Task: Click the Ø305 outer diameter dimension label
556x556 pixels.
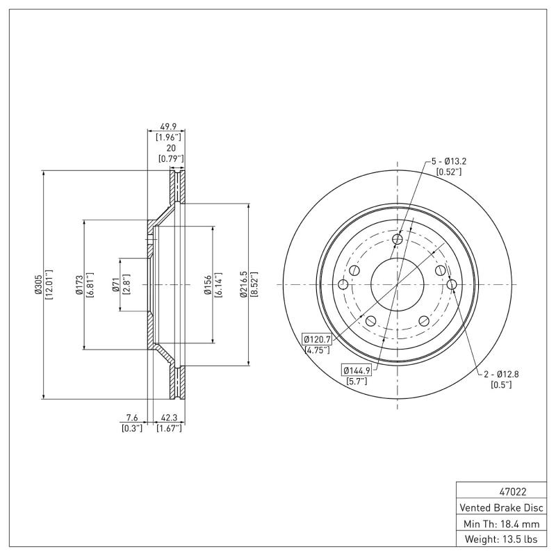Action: tap(38, 284)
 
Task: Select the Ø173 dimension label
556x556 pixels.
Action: tap(79, 284)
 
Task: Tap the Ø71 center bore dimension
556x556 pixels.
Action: tap(115, 284)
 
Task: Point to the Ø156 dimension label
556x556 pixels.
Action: tap(208, 284)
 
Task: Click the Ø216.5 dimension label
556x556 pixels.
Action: tap(244, 284)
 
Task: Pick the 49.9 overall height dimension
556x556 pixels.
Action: tap(168, 127)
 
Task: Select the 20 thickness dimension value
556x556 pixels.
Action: tap(170, 148)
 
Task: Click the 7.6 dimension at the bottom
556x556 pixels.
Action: tap(131, 418)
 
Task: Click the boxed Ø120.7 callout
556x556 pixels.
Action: tap(318, 338)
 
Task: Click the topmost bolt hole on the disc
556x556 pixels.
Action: tap(398, 240)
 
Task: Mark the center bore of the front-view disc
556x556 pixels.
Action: tap(397, 284)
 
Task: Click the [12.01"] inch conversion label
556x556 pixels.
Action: tap(49, 284)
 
